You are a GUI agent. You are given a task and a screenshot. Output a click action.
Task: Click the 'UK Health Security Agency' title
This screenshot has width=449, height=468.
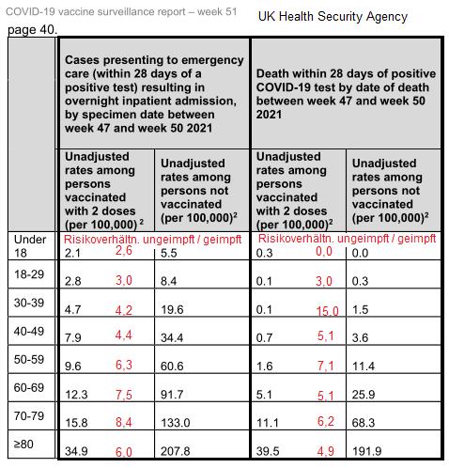point(333,16)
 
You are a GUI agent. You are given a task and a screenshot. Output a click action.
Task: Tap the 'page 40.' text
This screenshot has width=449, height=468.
point(32,30)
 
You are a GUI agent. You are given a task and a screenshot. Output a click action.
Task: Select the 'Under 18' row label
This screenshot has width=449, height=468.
point(30,246)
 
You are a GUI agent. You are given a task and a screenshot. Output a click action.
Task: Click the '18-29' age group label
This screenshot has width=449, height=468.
point(29,274)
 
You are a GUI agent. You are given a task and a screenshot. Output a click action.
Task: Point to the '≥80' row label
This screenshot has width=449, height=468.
point(23,444)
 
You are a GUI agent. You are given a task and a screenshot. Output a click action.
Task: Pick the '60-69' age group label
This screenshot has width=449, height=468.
point(29,387)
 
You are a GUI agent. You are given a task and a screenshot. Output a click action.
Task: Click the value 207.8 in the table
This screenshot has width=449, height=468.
point(176,451)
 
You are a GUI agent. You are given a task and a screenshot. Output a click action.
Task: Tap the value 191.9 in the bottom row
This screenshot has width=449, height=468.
point(366,451)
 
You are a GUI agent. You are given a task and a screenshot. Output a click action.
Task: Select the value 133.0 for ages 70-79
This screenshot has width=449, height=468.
point(176,423)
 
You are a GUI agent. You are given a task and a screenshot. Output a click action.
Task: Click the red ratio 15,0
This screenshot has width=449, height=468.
point(327,311)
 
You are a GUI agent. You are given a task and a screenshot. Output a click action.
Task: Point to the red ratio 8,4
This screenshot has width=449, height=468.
point(124,422)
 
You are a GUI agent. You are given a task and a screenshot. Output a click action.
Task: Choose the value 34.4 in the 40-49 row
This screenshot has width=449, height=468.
point(172,337)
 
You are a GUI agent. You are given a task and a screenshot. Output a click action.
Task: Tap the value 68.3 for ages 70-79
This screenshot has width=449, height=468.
point(364,423)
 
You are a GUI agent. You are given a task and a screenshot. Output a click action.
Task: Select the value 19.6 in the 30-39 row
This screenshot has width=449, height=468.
point(172,310)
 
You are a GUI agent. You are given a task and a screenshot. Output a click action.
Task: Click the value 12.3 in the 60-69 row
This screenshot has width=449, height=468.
point(76,395)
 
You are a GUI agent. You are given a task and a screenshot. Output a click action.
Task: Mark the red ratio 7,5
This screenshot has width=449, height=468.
point(124,395)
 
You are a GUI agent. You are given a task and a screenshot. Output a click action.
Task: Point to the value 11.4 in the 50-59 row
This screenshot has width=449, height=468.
point(364,367)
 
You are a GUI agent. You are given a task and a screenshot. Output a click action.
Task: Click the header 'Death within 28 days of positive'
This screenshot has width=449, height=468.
point(346,73)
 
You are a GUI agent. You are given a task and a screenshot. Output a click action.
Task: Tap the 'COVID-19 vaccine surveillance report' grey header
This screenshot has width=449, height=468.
point(96,12)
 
